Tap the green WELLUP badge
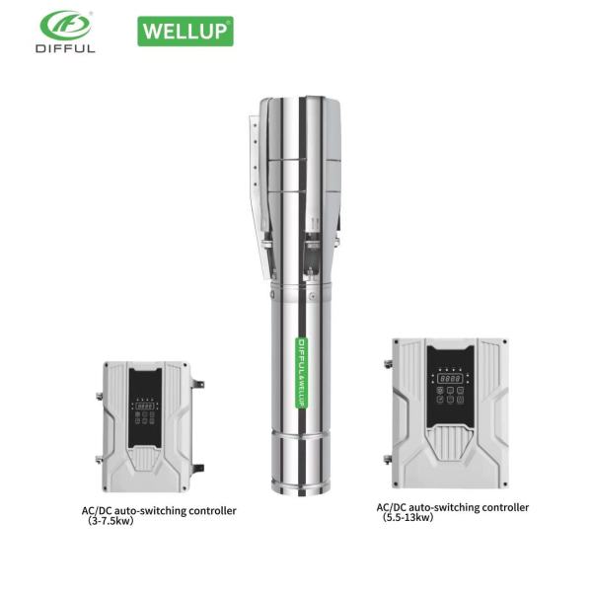185,30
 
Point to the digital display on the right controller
451,378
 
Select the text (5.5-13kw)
408,517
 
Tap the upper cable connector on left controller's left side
98,399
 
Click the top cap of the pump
300,104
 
